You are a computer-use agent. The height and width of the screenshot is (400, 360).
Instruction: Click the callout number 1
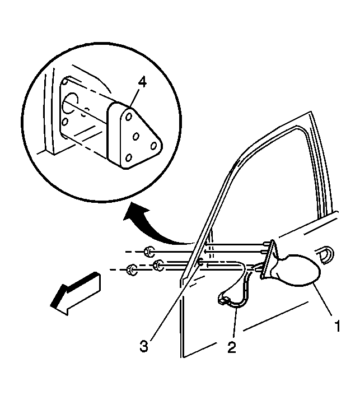coord(338,326)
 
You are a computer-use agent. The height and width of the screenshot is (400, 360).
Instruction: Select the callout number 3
coord(144,346)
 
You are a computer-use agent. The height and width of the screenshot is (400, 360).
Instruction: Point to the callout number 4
coord(142,83)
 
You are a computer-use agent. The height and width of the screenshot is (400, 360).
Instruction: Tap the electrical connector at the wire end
coord(223,300)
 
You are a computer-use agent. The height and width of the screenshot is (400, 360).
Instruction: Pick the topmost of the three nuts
coord(148,252)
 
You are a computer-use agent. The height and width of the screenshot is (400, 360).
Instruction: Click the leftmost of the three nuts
coord(132,269)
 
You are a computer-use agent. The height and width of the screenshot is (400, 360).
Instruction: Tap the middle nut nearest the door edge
coord(158,265)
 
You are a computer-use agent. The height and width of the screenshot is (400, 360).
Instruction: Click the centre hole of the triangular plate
coord(136,137)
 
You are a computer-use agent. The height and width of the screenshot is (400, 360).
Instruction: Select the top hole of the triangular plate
coord(129,117)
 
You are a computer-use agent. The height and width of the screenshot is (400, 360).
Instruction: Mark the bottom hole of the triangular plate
coord(129,157)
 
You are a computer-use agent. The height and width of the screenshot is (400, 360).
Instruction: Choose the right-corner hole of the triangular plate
coord(153,146)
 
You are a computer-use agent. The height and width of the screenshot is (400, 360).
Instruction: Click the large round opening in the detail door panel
coord(70,103)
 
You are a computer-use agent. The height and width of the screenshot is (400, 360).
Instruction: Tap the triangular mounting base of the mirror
coord(268,259)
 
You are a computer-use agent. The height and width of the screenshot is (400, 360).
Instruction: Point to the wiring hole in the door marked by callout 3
coord(200,262)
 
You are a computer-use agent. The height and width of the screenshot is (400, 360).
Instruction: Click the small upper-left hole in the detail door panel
coord(65,83)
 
